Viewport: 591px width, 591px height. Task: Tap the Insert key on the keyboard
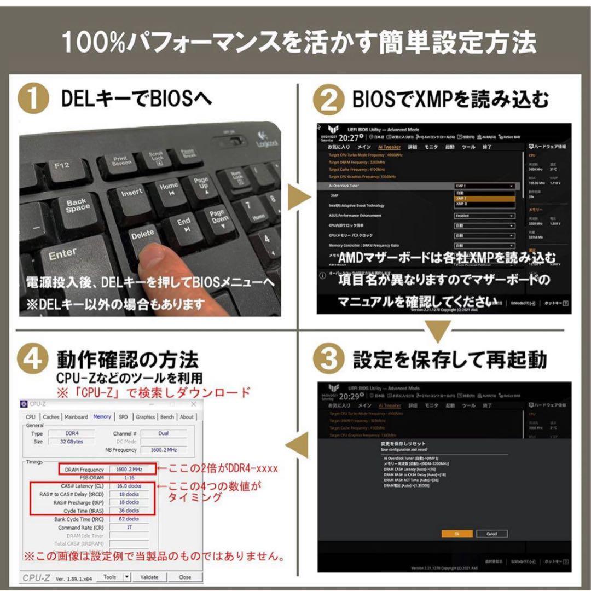click(x=131, y=193)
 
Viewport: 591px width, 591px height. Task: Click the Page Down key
click(x=219, y=217)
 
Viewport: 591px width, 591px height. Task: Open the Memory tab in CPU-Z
click(x=102, y=416)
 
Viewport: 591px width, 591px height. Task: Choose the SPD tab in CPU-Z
click(x=123, y=416)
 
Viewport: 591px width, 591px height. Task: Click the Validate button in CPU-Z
click(x=149, y=577)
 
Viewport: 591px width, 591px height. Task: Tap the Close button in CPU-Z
click(x=184, y=577)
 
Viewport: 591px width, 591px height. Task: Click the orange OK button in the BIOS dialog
click(x=456, y=534)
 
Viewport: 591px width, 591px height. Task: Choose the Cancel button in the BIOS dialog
click(x=491, y=534)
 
